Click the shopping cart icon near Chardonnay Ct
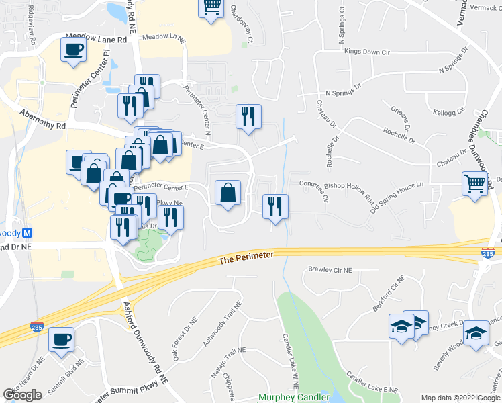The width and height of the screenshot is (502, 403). [x=211, y=7]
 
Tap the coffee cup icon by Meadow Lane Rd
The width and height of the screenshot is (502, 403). [x=73, y=49]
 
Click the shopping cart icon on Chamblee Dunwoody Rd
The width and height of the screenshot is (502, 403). [x=474, y=183]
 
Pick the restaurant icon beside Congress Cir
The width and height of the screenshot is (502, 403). [x=274, y=206]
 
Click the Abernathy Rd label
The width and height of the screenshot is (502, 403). [x=43, y=120]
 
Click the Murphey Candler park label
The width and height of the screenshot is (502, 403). [x=293, y=397]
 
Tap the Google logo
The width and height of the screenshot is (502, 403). [x=22, y=395]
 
